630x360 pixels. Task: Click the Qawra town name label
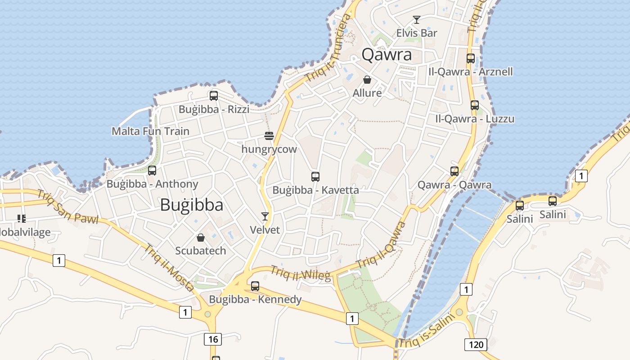tap(387, 54)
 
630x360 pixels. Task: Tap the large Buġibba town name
tap(192, 205)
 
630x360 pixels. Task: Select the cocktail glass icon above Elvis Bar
tap(417, 20)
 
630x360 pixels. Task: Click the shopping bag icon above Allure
tap(367, 80)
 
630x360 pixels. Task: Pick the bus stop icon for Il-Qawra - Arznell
tap(471, 58)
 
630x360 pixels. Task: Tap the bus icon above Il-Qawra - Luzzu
tap(475, 105)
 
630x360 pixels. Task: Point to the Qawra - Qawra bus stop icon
tap(454, 171)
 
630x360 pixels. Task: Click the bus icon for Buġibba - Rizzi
tap(214, 96)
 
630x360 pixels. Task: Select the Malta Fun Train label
tap(150, 131)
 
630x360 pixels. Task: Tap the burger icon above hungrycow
tap(269, 136)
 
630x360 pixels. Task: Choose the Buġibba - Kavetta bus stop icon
tap(315, 177)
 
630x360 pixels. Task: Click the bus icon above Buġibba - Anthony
tap(152, 171)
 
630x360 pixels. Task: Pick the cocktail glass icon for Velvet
tap(265, 216)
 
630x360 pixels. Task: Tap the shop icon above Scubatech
tap(201, 237)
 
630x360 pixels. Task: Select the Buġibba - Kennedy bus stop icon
tap(255, 286)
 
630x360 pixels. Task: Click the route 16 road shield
tap(213, 339)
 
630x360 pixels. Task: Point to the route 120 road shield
tap(476, 345)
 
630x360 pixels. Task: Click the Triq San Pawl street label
tap(67, 207)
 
